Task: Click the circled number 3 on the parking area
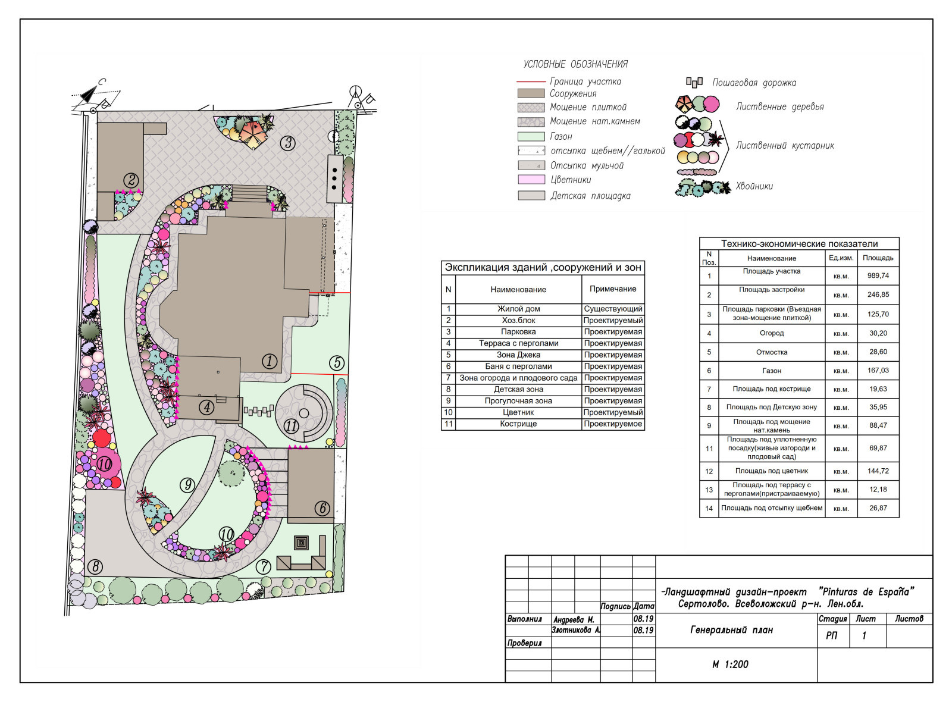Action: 288,143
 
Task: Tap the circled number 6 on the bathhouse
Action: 322,508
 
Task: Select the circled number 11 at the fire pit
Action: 291,426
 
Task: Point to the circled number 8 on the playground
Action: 95,566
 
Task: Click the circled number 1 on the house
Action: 269,361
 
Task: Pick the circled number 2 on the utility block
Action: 131,180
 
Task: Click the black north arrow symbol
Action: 89,95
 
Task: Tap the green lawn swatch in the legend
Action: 531,136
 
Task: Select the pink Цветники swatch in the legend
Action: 531,179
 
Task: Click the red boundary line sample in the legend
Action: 530,81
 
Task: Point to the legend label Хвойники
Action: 754,186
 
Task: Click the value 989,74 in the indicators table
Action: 878,275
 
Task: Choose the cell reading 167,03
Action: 878,370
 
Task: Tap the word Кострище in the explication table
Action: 518,424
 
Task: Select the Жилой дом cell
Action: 518,309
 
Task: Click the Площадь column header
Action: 878,258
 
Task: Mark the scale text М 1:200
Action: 730,664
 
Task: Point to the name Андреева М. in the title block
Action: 574,620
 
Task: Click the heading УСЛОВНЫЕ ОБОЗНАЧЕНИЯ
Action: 575,64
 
